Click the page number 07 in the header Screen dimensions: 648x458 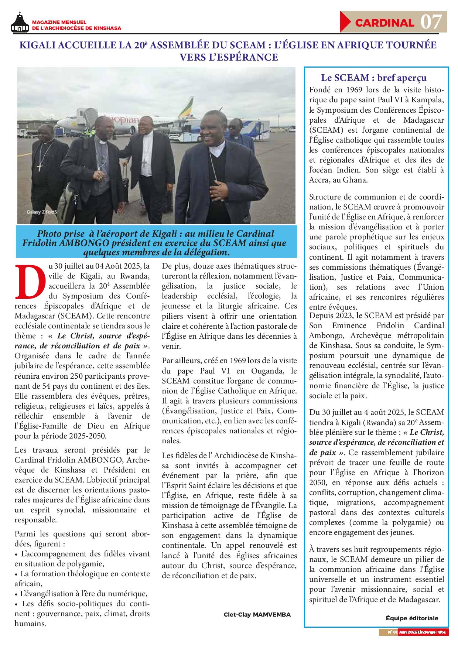(x=431, y=22)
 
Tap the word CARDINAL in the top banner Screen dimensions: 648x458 (x=384, y=23)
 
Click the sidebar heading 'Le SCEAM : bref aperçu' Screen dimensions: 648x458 (x=374, y=78)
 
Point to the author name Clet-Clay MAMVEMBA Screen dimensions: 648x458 (x=257, y=615)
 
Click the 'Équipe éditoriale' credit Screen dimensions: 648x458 (x=412, y=618)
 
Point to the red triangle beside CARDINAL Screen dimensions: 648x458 (x=345, y=22)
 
